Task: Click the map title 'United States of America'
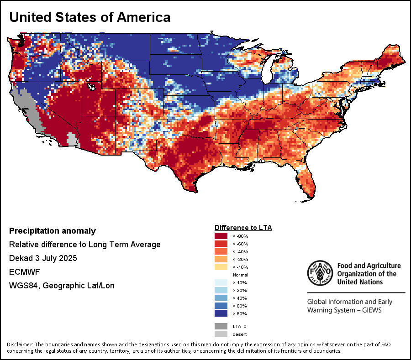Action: pyautogui.click(x=90, y=17)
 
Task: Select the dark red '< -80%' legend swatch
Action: pyautogui.click(x=221, y=236)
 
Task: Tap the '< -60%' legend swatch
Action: pyautogui.click(x=221, y=244)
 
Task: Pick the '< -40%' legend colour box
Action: pyautogui.click(x=221, y=251)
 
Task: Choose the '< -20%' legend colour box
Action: pyautogui.click(x=221, y=259)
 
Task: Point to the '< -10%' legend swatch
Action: pyautogui.click(x=221, y=267)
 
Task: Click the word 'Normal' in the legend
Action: pyautogui.click(x=240, y=275)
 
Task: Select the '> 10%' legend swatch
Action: pyautogui.click(x=221, y=282)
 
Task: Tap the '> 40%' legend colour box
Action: pyautogui.click(x=221, y=298)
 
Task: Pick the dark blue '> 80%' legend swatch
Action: pyautogui.click(x=221, y=313)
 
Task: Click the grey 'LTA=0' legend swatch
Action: pyautogui.click(x=221, y=326)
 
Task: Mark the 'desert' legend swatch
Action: pyautogui.click(x=221, y=334)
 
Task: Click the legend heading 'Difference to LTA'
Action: pyautogui.click(x=243, y=227)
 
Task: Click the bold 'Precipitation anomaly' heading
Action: pyautogui.click(x=53, y=231)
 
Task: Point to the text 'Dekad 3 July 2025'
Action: pyautogui.click(x=43, y=258)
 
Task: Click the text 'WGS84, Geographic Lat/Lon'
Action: pyautogui.click(x=62, y=286)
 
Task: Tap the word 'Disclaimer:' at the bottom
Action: pyautogui.click(x=20, y=344)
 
